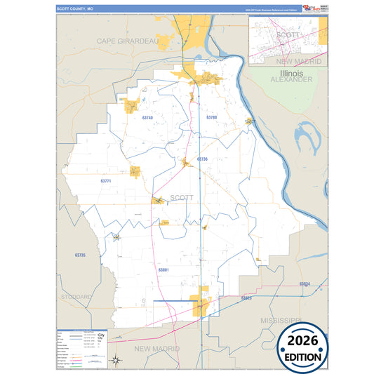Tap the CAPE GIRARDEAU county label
[x=128, y=41]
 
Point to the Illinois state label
[x=290, y=73]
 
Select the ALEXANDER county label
[x=291, y=80]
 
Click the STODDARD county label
[x=76, y=297]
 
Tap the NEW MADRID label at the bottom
[x=157, y=349]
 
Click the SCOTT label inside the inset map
[x=288, y=34]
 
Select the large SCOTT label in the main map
[x=182, y=198]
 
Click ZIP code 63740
[x=147, y=118]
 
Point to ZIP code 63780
[x=212, y=117]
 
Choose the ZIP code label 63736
[x=202, y=159]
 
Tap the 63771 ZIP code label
[x=106, y=181]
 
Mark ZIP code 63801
[x=163, y=269]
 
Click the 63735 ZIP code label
[x=79, y=255]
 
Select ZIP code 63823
[x=246, y=298]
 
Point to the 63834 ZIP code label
[x=304, y=284]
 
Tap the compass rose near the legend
[x=114, y=360]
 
